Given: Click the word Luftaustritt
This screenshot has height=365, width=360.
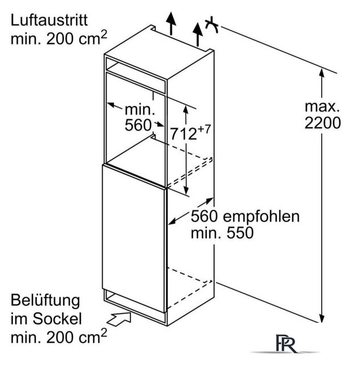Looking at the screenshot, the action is pyautogui.click(x=49, y=21).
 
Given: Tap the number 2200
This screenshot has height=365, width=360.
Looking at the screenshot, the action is pyautogui.click(x=322, y=123).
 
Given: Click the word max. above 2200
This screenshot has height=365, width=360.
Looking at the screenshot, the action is pyautogui.click(x=322, y=107).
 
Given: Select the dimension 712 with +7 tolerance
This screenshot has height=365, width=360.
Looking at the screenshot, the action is pyautogui.click(x=190, y=132).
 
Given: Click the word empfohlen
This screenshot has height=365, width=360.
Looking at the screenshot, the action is pyautogui.click(x=261, y=217).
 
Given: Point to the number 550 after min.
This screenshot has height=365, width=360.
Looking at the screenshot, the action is pyautogui.click(x=240, y=233).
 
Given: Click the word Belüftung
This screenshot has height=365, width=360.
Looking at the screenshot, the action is pyautogui.click(x=46, y=301).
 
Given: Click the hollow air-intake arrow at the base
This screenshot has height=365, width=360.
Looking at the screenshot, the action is pyautogui.click(x=119, y=319).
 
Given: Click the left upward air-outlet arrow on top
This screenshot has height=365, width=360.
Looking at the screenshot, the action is pyautogui.click(x=171, y=23).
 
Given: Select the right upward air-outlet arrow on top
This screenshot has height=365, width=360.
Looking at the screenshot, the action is pyautogui.click(x=198, y=34).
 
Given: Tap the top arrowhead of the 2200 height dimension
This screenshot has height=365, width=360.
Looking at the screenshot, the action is pyautogui.click(x=322, y=72).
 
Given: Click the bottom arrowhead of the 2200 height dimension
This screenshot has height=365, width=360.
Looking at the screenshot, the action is pyautogui.click(x=322, y=318).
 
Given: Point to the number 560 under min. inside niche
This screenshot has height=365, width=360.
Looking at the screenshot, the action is pyautogui.click(x=138, y=125).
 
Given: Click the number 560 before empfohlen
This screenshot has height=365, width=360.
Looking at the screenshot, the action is pyautogui.click(x=204, y=217).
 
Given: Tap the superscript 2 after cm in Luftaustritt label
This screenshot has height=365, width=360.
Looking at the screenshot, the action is pyautogui.click(x=104, y=34).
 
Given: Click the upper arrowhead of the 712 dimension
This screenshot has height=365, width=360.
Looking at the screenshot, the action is pyautogui.click(x=186, y=109).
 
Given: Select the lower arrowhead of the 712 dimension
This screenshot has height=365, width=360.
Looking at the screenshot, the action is pyautogui.click(x=186, y=190).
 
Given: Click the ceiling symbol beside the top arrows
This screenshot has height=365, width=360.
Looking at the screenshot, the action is pyautogui.click(x=212, y=25).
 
